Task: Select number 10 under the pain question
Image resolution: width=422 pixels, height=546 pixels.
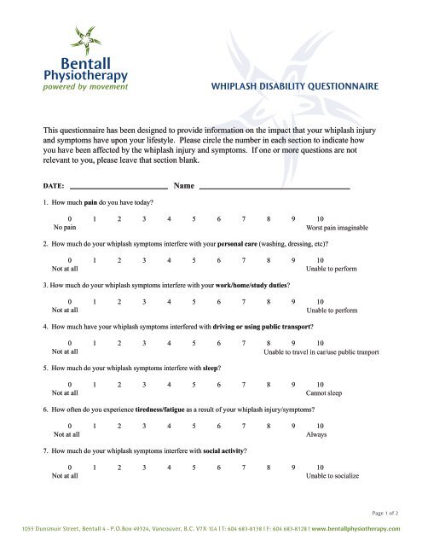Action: (320, 219)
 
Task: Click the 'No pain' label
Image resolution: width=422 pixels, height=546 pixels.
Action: (64, 229)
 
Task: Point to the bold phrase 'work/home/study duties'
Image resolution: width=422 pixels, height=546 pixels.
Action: (246, 285)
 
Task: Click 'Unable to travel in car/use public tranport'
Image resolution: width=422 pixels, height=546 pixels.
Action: (321, 351)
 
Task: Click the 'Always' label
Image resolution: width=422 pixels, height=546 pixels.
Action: (315, 434)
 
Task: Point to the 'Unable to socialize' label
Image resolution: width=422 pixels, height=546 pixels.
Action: (331, 475)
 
